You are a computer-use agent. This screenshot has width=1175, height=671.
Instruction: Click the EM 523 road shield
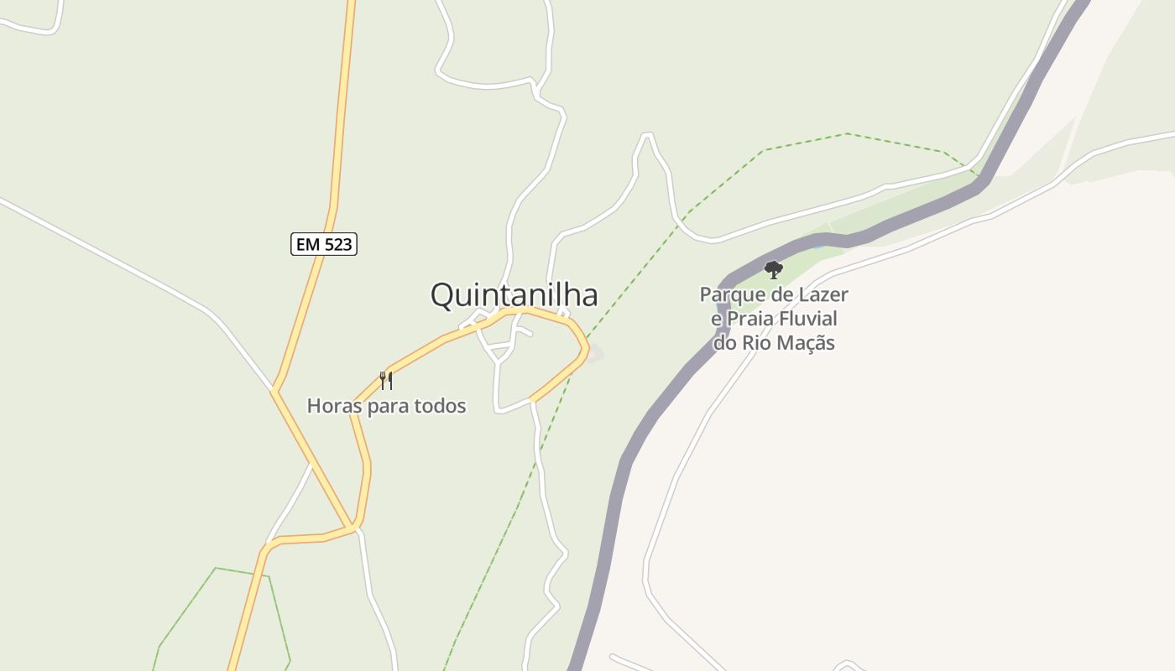324,244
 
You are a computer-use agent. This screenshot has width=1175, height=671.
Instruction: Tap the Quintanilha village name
514,295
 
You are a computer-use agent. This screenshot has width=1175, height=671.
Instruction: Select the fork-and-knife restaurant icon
386,381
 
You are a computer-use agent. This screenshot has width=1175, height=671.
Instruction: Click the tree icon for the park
774,270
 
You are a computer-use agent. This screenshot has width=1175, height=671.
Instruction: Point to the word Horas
335,406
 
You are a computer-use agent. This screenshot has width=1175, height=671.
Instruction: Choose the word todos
440,406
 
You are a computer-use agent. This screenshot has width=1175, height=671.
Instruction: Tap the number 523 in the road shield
337,244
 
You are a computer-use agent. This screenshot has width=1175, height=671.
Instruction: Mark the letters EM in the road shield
307,244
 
